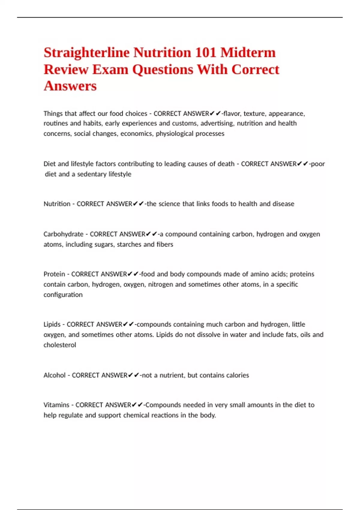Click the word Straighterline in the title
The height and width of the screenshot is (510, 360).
click(x=87, y=53)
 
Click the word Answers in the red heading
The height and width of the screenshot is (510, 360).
click(x=70, y=86)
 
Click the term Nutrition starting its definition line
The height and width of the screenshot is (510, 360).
click(x=57, y=204)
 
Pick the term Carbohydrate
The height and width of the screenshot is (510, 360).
click(x=63, y=234)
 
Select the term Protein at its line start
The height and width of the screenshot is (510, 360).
click(x=54, y=274)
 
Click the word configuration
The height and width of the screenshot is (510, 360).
click(x=63, y=295)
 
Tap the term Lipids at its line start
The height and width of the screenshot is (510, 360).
click(x=52, y=324)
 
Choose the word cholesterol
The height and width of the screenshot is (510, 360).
click(x=60, y=345)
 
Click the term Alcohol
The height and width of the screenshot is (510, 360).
click(x=54, y=375)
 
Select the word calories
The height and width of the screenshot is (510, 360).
click(x=237, y=375)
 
